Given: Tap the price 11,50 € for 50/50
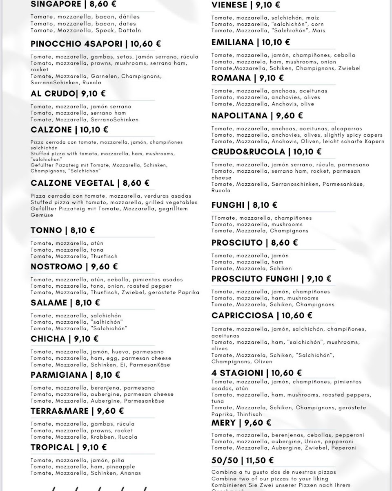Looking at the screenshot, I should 260,460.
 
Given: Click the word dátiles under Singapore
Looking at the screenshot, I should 129,17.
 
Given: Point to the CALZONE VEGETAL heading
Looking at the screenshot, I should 72,183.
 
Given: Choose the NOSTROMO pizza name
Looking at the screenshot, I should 56,267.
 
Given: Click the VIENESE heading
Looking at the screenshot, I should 229,5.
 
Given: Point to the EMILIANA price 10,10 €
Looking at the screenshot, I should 276,42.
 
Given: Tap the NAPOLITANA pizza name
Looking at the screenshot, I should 239,116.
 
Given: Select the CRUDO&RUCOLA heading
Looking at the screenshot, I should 248,152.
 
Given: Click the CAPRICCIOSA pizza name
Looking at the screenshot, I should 242,315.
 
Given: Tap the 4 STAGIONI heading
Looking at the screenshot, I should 237,373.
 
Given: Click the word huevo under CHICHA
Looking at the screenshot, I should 122,351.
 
